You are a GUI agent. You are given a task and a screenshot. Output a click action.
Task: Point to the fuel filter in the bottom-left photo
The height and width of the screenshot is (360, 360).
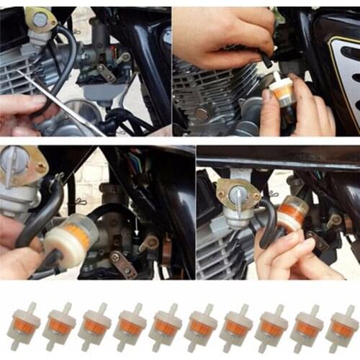coord(70,238)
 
